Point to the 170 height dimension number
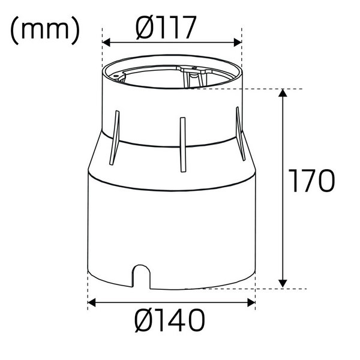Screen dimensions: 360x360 (x=310, y=181)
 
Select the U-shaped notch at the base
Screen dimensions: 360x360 (x=142, y=275)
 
